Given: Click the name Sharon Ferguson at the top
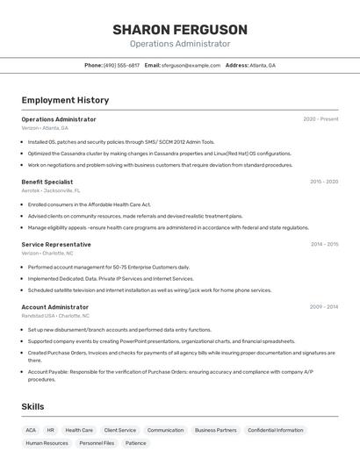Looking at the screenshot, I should [180, 30].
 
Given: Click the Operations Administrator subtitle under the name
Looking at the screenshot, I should [180, 44].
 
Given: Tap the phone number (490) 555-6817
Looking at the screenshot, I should [121, 65].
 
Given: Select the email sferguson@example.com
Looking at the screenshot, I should [191, 65].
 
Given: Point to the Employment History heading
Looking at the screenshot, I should [65, 100].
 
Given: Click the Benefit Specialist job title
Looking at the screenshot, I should [47, 182].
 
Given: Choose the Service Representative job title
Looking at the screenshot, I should [56, 245].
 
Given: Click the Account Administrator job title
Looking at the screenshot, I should [55, 307].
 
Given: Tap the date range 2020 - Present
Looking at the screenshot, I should [320, 119].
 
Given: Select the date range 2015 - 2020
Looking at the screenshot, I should [324, 182].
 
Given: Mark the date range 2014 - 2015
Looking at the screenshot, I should [324, 245].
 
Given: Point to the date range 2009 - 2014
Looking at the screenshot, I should [324, 307].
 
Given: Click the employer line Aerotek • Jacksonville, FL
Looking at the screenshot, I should [51, 190].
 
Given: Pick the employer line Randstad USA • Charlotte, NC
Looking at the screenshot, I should [55, 316].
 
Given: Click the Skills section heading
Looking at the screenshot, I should [32, 407].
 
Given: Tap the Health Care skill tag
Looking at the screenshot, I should [79, 430].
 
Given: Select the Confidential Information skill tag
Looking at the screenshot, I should [276, 430].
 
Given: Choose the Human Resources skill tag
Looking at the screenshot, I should [47, 443].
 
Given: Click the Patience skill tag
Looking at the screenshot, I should [136, 443].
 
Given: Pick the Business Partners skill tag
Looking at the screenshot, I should [216, 430].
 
